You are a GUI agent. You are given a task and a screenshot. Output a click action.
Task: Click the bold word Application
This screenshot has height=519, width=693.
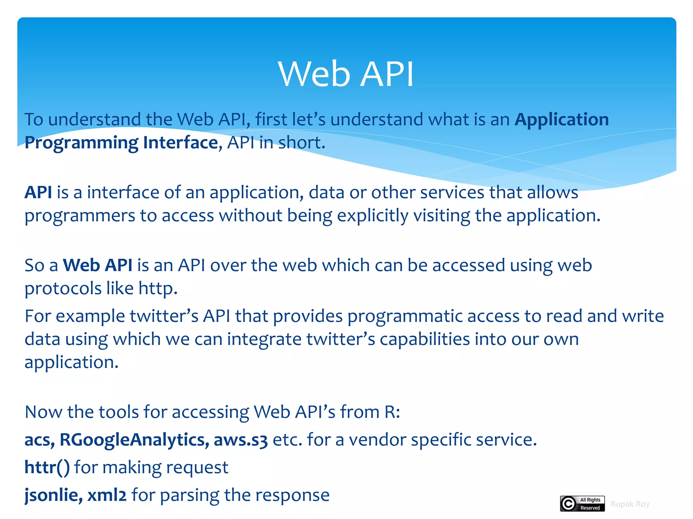point(561,119)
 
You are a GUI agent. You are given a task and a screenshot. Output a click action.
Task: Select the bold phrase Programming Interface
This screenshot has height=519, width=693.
point(121,143)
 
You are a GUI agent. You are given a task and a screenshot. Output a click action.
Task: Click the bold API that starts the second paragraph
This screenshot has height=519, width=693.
point(38,192)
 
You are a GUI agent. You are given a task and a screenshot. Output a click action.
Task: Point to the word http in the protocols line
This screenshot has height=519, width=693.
point(157,289)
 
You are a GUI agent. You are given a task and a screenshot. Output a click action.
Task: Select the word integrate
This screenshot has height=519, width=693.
point(264,339)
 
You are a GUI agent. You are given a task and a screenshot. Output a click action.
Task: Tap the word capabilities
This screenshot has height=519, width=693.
point(425,339)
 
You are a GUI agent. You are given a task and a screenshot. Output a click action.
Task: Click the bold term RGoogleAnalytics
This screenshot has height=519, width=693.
point(134,440)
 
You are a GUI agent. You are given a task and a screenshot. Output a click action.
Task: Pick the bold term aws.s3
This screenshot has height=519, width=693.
point(241,440)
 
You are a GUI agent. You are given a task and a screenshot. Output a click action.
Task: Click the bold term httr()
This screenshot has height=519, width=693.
point(47,467)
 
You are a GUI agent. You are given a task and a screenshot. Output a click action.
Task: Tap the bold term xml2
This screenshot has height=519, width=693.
point(107,495)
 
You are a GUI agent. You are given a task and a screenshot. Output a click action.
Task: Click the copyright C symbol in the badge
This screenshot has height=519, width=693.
point(568,504)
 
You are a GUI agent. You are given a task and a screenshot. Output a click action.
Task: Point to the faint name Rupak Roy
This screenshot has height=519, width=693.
point(630,504)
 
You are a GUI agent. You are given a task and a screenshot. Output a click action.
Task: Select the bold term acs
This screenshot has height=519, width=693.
point(38,440)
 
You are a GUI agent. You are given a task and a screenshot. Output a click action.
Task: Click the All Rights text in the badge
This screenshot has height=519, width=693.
point(590,500)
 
